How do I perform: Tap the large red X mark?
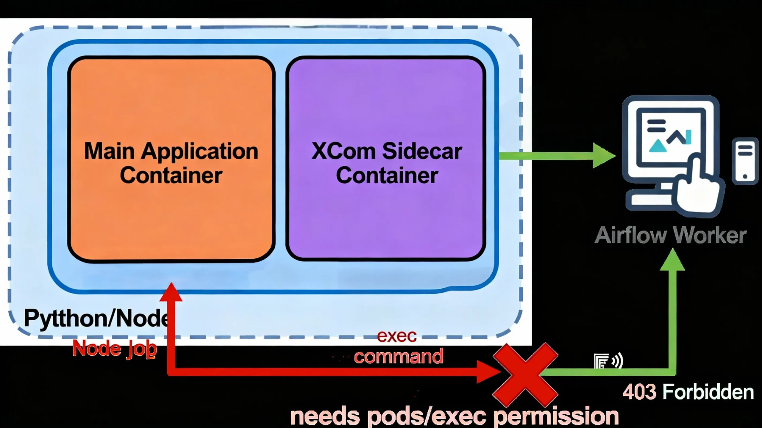click(525, 375)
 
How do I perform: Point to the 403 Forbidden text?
click(688, 392)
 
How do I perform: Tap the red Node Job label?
click(115, 349)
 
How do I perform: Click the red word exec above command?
click(396, 336)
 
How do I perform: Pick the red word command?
click(398, 356)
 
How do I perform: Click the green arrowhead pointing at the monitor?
click(603, 155)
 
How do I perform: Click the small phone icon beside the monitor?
click(745, 161)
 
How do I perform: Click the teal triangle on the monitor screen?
click(658, 146)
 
